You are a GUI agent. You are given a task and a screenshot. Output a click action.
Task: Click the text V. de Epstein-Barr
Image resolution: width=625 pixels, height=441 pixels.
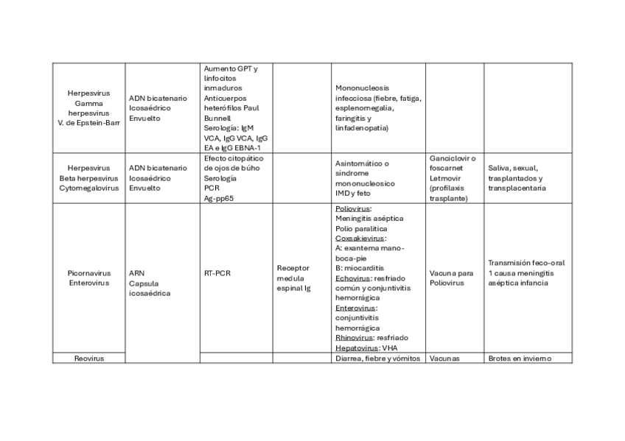coord(88,123)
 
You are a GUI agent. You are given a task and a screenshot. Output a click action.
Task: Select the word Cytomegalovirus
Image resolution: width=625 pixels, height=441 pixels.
coord(88,188)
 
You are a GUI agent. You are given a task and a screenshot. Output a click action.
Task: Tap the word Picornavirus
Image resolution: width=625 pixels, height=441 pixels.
coord(88,273)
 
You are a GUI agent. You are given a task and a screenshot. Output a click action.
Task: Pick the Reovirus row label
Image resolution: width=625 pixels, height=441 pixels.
coord(88,359)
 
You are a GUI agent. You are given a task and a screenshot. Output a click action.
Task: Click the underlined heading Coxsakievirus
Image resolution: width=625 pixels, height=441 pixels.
coord(360,239)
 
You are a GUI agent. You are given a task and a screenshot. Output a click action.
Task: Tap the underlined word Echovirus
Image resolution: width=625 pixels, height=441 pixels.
coord(352,279)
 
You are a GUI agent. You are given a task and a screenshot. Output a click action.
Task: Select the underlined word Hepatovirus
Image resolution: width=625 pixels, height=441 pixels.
coord(357,347)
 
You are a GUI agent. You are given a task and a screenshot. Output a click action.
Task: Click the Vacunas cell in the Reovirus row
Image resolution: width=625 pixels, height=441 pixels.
coord(444,359)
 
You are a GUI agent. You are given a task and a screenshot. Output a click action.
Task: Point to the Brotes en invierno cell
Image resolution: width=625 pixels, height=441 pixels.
coord(519,359)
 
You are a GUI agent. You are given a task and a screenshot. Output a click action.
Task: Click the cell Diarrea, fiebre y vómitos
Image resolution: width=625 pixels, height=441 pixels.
coord(377,359)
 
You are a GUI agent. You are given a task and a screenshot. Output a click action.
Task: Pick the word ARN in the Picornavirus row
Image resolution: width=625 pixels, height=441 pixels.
coord(136,273)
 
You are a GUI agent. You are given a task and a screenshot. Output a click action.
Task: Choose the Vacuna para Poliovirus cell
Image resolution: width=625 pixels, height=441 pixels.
coord(451,278)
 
